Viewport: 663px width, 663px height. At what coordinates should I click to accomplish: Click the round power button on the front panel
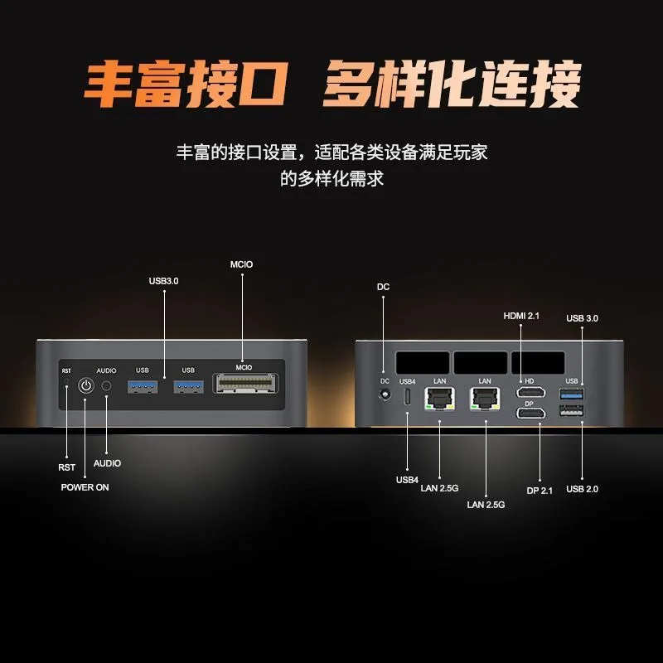coord(86,385)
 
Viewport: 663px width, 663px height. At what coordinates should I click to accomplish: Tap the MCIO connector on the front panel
coord(245,383)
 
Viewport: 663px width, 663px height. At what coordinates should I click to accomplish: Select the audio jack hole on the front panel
coord(107,385)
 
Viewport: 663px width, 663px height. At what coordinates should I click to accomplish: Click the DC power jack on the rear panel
coord(385,395)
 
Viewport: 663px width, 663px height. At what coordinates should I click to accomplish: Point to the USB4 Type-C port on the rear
coord(408,396)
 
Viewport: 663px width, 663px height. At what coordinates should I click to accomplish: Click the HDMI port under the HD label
coord(530,392)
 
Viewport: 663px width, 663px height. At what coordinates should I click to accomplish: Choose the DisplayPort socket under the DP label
coord(530,413)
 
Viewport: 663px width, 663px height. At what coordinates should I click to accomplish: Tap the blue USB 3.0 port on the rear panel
coord(572,394)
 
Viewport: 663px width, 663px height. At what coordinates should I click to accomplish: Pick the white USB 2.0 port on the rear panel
coord(572,410)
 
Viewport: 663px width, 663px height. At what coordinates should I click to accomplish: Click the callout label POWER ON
coord(85,487)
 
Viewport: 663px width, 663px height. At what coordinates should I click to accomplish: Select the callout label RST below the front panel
coord(67,467)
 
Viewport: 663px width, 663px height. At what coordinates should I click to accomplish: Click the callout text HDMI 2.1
coord(521,316)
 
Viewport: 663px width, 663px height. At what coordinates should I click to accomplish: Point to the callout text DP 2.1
coord(540,491)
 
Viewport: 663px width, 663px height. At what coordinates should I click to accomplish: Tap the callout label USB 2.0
coord(583,489)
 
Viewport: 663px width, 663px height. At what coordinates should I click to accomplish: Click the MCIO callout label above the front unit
coord(241,264)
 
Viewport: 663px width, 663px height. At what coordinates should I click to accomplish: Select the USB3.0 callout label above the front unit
coord(163,281)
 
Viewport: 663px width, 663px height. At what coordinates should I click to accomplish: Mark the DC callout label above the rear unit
coord(383,287)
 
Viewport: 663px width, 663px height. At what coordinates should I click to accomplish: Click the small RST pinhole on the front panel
coord(66,381)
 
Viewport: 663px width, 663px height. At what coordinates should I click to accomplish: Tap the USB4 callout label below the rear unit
coord(407,480)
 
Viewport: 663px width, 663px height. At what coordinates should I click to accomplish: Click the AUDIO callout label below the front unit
coord(107,463)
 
